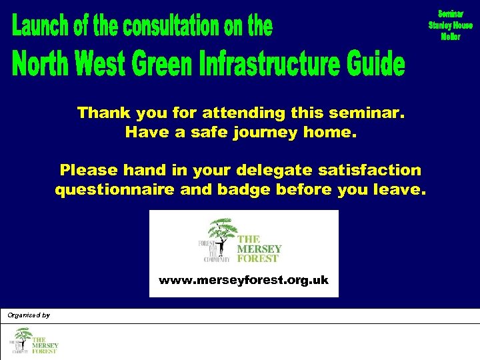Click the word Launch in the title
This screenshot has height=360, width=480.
(37, 27)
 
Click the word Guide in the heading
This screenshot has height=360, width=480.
(376, 65)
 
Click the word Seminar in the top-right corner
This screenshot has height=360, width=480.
(450, 14)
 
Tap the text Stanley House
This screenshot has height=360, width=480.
(450, 25)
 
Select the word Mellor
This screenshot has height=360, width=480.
(450, 37)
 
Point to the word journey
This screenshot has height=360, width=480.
(267, 132)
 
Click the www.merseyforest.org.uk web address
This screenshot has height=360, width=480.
(243, 280)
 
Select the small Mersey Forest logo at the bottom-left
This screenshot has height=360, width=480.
(33, 341)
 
